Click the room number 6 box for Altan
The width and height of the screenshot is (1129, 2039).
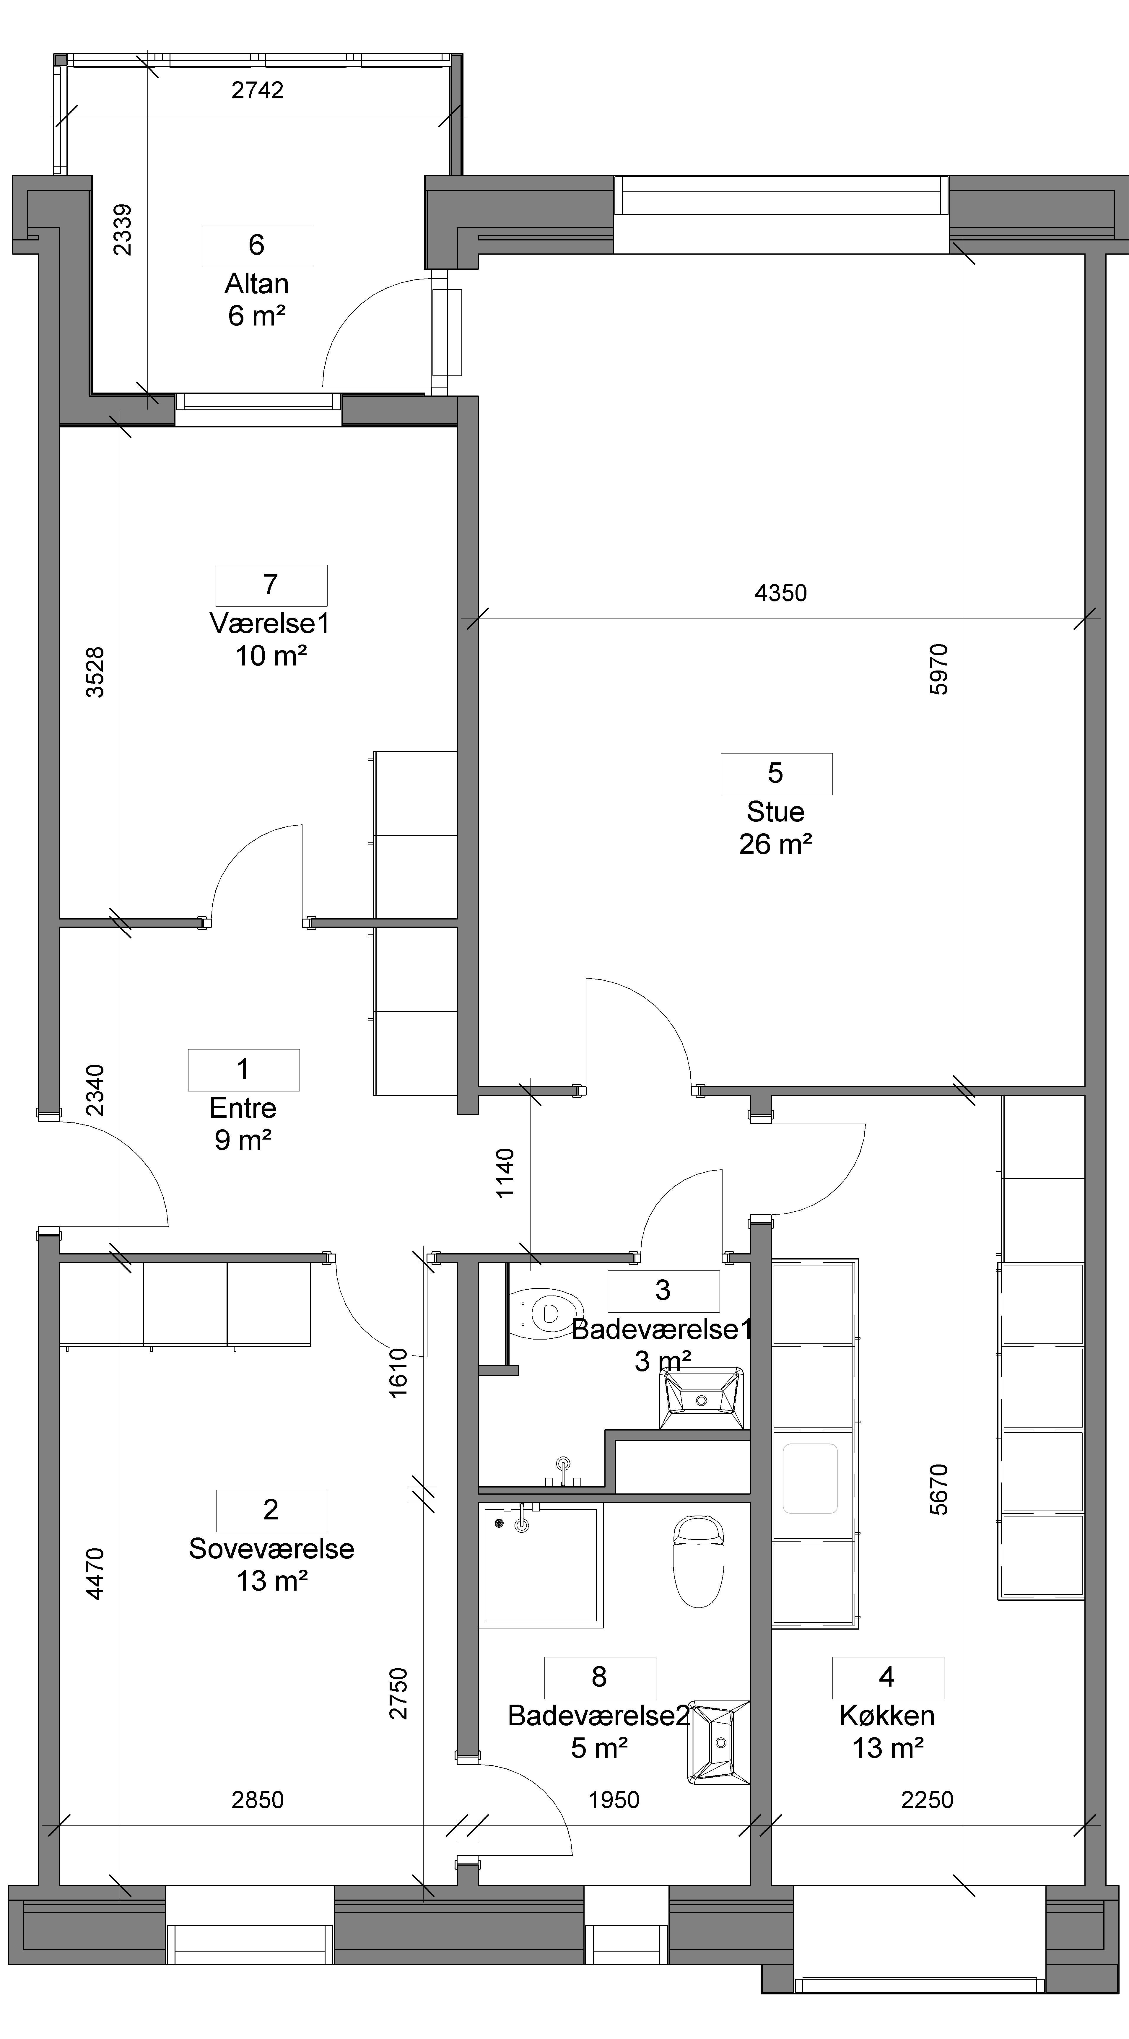pos(257,245)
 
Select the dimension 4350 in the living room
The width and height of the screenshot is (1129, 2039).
pos(781,593)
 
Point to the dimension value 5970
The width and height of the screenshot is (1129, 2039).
pos(939,670)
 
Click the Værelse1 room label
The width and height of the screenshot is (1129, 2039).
pos(270,624)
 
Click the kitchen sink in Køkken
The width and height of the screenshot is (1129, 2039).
pos(810,1479)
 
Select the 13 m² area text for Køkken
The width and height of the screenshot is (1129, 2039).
pos(888,1748)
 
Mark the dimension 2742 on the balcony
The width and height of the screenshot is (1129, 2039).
pos(257,90)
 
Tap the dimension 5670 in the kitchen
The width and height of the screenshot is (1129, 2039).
pos(939,1490)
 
